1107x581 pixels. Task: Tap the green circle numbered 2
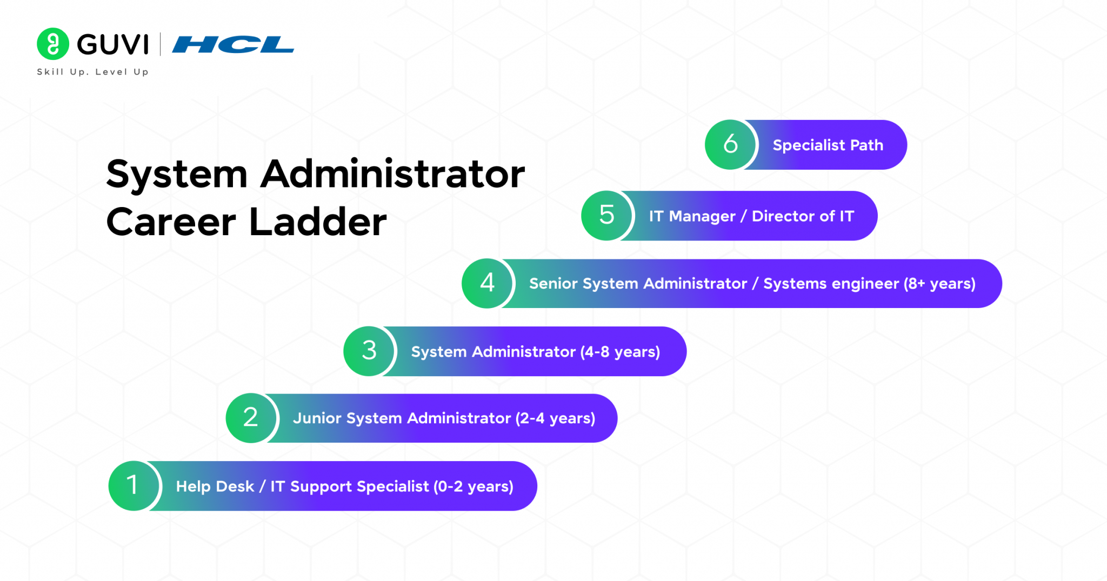pos(251,418)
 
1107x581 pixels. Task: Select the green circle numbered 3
pos(369,351)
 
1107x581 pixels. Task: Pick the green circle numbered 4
pos(487,283)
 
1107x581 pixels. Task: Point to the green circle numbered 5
pos(606,215)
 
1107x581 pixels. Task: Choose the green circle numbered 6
pos(730,144)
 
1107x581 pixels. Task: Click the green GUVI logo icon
pos(52,44)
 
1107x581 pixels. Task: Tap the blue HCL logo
pos(233,44)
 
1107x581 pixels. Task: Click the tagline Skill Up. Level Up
pos(92,72)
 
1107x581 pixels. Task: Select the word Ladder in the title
pos(318,222)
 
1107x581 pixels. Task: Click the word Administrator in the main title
pos(392,174)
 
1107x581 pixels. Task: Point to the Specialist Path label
pos(828,145)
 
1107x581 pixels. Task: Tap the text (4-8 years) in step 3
pos(620,352)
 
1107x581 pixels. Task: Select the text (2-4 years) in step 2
pos(555,418)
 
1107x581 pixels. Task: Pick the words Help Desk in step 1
pos(215,486)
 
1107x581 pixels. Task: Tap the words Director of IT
pos(803,216)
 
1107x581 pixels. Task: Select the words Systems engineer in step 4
pos(831,283)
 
